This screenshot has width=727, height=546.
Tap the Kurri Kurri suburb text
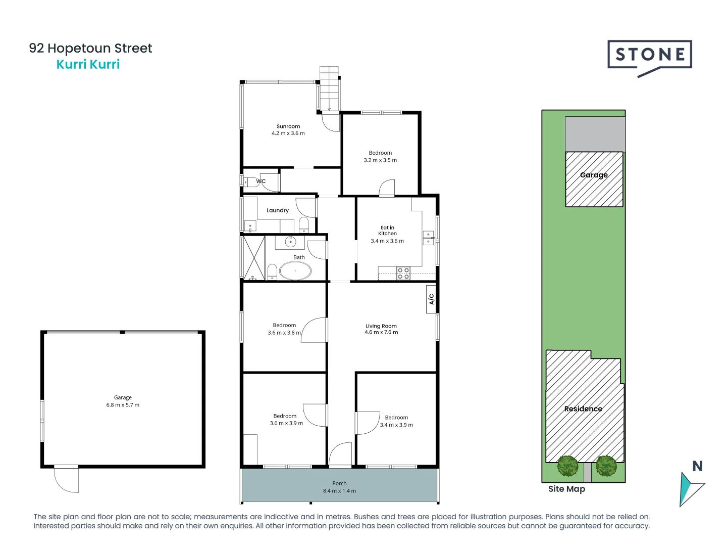[88, 64]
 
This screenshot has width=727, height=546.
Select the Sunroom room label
[288, 126]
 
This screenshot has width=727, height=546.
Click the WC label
[261, 181]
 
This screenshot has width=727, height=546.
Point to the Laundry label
[278, 210]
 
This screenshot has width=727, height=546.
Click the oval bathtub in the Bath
[295, 271]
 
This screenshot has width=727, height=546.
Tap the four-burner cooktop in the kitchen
[403, 274]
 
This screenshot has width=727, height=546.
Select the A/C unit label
[431, 299]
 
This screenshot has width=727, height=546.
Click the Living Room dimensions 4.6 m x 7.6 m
[381, 333]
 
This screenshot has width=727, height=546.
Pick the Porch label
[339, 483]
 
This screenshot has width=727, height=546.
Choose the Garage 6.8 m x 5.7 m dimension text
[123, 405]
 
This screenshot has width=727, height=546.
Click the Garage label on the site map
[594, 175]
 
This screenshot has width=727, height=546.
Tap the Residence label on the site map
[583, 408]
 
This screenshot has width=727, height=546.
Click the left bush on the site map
[568, 466]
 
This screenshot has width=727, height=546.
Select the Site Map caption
[566, 489]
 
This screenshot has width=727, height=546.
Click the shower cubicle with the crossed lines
[254, 257]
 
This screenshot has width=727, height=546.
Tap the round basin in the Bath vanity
[290, 242]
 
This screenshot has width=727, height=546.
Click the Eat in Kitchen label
[387, 231]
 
